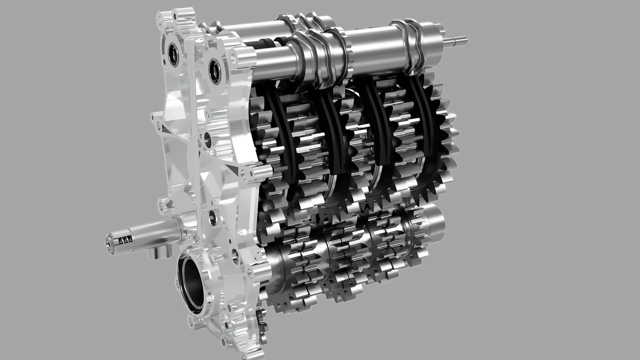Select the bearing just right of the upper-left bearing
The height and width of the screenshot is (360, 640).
[x=215, y=70]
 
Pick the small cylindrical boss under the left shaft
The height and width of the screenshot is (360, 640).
[x=153, y=252]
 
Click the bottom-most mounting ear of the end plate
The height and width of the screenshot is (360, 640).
[x=259, y=346]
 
